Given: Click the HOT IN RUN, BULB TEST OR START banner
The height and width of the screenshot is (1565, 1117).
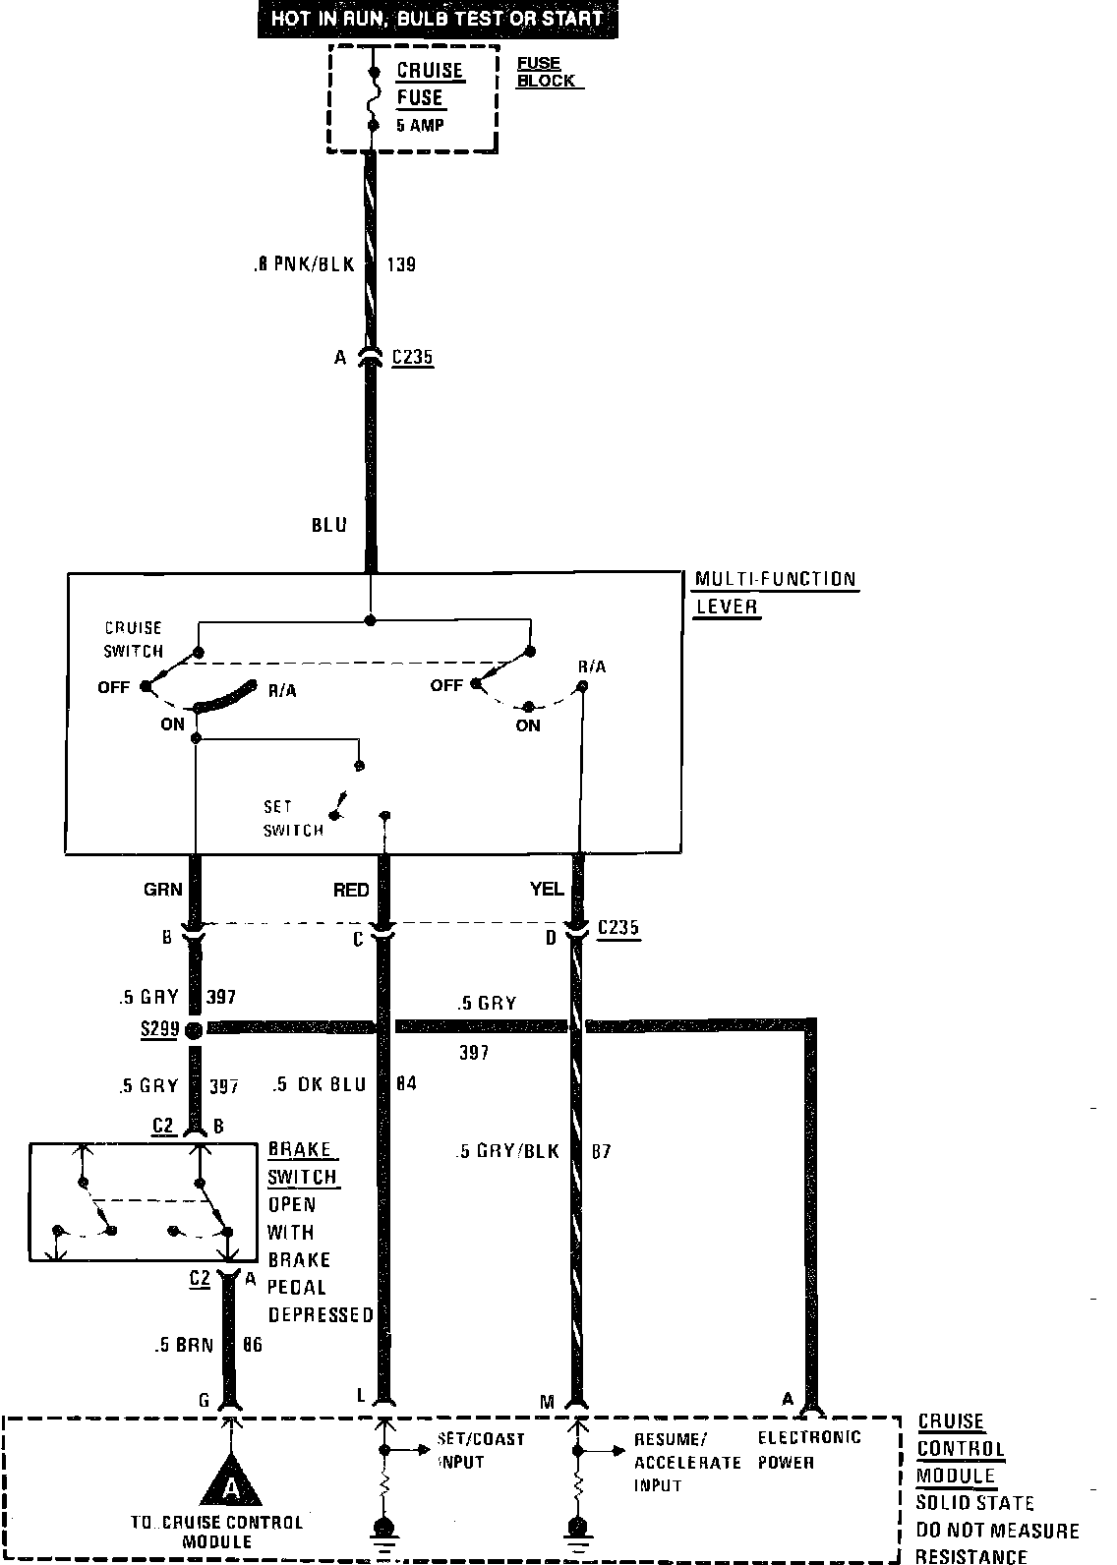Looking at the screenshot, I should click(438, 19).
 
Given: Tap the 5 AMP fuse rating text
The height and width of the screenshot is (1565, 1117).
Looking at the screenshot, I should click(420, 125).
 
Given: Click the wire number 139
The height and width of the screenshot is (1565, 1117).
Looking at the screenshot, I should click(400, 263).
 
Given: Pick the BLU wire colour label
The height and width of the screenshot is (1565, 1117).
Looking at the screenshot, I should click(329, 525).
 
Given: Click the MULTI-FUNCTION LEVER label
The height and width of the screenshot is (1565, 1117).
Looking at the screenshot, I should click(775, 592).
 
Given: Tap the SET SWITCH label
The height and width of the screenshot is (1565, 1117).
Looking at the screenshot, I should click(292, 818).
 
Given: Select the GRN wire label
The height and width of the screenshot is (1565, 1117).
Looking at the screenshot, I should click(163, 889).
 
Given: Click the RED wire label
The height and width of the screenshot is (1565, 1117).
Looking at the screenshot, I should click(351, 890).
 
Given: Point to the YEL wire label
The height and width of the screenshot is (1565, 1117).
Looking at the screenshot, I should click(547, 889).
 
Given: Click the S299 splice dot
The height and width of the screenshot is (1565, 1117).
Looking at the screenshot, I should click(194, 1029).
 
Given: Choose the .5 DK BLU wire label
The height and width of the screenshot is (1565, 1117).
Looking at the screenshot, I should click(321, 1084).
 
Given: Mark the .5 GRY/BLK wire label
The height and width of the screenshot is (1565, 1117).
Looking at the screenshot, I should click(507, 1151).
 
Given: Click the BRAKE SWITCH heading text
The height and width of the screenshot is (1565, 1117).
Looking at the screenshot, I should click(303, 1163).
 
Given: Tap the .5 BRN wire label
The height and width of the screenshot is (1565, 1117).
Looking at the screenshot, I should click(184, 1345).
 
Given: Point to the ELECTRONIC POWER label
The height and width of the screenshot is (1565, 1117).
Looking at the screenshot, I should click(808, 1449).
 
